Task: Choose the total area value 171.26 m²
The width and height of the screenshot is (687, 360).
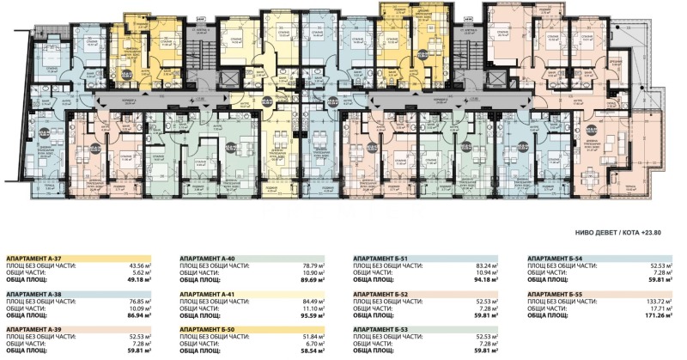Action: pos(657,316)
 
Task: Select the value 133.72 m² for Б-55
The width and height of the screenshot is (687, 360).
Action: pos(657,301)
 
